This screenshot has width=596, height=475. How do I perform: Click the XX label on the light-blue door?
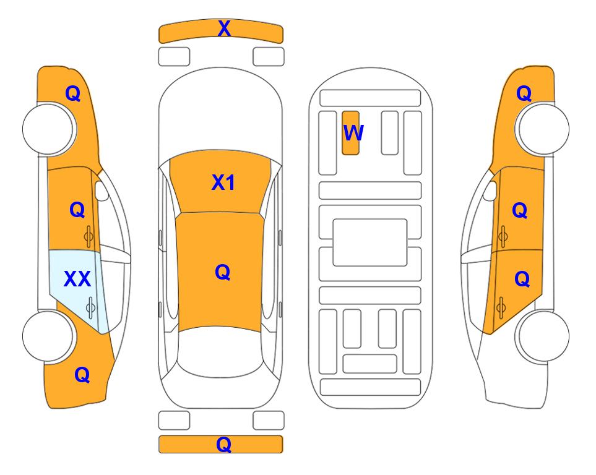[77, 279]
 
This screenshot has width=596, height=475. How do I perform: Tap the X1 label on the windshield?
[223, 182]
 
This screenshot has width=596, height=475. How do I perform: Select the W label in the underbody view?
[353, 133]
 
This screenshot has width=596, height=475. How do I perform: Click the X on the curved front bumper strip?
[224, 28]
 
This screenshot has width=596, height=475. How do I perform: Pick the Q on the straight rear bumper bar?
[223, 444]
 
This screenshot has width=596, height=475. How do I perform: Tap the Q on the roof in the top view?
[222, 272]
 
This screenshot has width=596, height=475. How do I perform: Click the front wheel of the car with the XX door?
[48, 129]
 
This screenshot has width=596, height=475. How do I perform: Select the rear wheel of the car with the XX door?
[48, 336]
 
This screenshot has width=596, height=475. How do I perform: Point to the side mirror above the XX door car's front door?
[101, 190]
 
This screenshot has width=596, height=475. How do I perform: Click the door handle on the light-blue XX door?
[90, 307]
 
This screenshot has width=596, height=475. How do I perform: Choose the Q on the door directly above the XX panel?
[77, 210]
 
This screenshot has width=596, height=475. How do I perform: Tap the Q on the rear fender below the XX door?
[82, 375]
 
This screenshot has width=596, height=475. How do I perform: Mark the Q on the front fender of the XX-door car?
[73, 93]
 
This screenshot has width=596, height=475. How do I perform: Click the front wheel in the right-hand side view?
[543, 129]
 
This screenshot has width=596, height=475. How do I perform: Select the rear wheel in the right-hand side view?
[543, 336]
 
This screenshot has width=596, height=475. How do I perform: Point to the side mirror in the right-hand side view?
[490, 190]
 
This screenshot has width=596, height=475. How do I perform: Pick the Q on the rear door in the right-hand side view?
[522, 279]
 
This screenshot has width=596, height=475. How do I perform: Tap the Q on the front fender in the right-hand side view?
[524, 93]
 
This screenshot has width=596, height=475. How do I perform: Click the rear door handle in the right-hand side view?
[501, 307]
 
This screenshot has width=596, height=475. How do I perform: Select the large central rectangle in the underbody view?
[370, 242]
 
